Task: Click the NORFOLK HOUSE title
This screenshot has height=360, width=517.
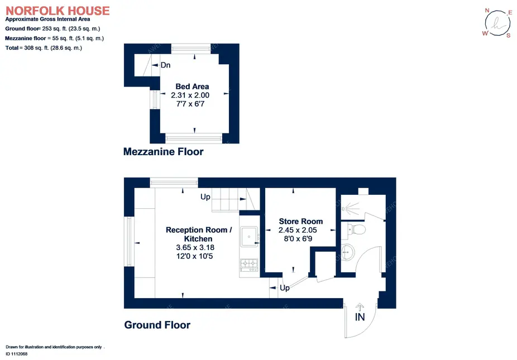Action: [x=58, y=11]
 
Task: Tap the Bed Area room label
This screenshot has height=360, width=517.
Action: [x=192, y=87]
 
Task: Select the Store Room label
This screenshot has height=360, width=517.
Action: [x=301, y=221]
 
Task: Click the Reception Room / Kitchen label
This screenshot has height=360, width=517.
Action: [x=199, y=234]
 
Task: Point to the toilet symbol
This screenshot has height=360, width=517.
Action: [x=356, y=229]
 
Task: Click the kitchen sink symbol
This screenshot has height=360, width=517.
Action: [x=249, y=237]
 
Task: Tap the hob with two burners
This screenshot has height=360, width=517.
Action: [x=249, y=263]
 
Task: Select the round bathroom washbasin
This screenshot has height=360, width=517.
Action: [x=347, y=252]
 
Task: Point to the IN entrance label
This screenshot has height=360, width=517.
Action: [x=360, y=317]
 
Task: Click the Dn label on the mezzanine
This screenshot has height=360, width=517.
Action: [x=165, y=65]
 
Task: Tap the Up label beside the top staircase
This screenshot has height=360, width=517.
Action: [x=205, y=197]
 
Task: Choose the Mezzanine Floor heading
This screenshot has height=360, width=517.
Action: [x=163, y=152]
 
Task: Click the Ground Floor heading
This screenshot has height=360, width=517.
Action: [x=157, y=325]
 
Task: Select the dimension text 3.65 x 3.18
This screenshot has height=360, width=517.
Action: [x=195, y=247]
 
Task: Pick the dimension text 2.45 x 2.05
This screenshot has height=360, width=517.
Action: [x=298, y=230]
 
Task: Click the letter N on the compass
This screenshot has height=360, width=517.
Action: [x=487, y=11]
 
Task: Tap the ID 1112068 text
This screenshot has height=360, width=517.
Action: [x=17, y=354]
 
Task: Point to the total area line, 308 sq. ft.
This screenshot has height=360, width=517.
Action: [x=44, y=48]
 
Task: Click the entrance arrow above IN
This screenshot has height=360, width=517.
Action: [x=360, y=307]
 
